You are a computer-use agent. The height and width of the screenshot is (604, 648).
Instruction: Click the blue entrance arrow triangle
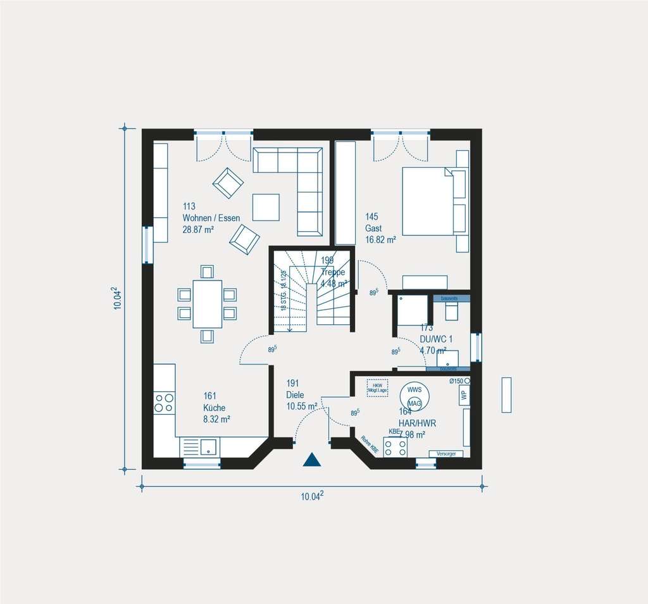pos(312,460)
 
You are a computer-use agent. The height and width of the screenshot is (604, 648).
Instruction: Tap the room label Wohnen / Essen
pos(211,218)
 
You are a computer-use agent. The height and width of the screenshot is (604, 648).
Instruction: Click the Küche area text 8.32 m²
pos(216,419)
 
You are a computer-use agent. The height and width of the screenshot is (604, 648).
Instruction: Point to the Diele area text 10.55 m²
pos(301,406)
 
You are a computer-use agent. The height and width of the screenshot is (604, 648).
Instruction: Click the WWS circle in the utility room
pos(414,390)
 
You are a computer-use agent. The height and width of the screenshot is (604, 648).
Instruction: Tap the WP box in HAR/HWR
pos(464,395)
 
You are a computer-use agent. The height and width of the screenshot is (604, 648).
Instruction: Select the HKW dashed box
pos(377,387)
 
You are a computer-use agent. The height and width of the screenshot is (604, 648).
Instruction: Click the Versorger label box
pos(449,454)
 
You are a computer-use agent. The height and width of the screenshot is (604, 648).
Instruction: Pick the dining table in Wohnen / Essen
pos(208,304)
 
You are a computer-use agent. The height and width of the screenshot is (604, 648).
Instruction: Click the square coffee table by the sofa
pos(266,206)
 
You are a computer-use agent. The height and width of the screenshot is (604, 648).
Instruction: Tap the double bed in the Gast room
pos(427,201)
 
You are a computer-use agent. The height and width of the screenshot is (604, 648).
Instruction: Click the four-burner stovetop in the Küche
pos(165,403)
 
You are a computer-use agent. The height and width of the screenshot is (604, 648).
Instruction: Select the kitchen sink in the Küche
pos(208,447)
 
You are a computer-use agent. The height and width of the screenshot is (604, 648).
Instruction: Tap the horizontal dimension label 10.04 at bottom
pos(312,496)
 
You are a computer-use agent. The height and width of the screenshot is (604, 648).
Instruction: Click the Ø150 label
pos(456,381)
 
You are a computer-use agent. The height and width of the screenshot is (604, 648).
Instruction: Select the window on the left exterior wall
pos(147,244)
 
